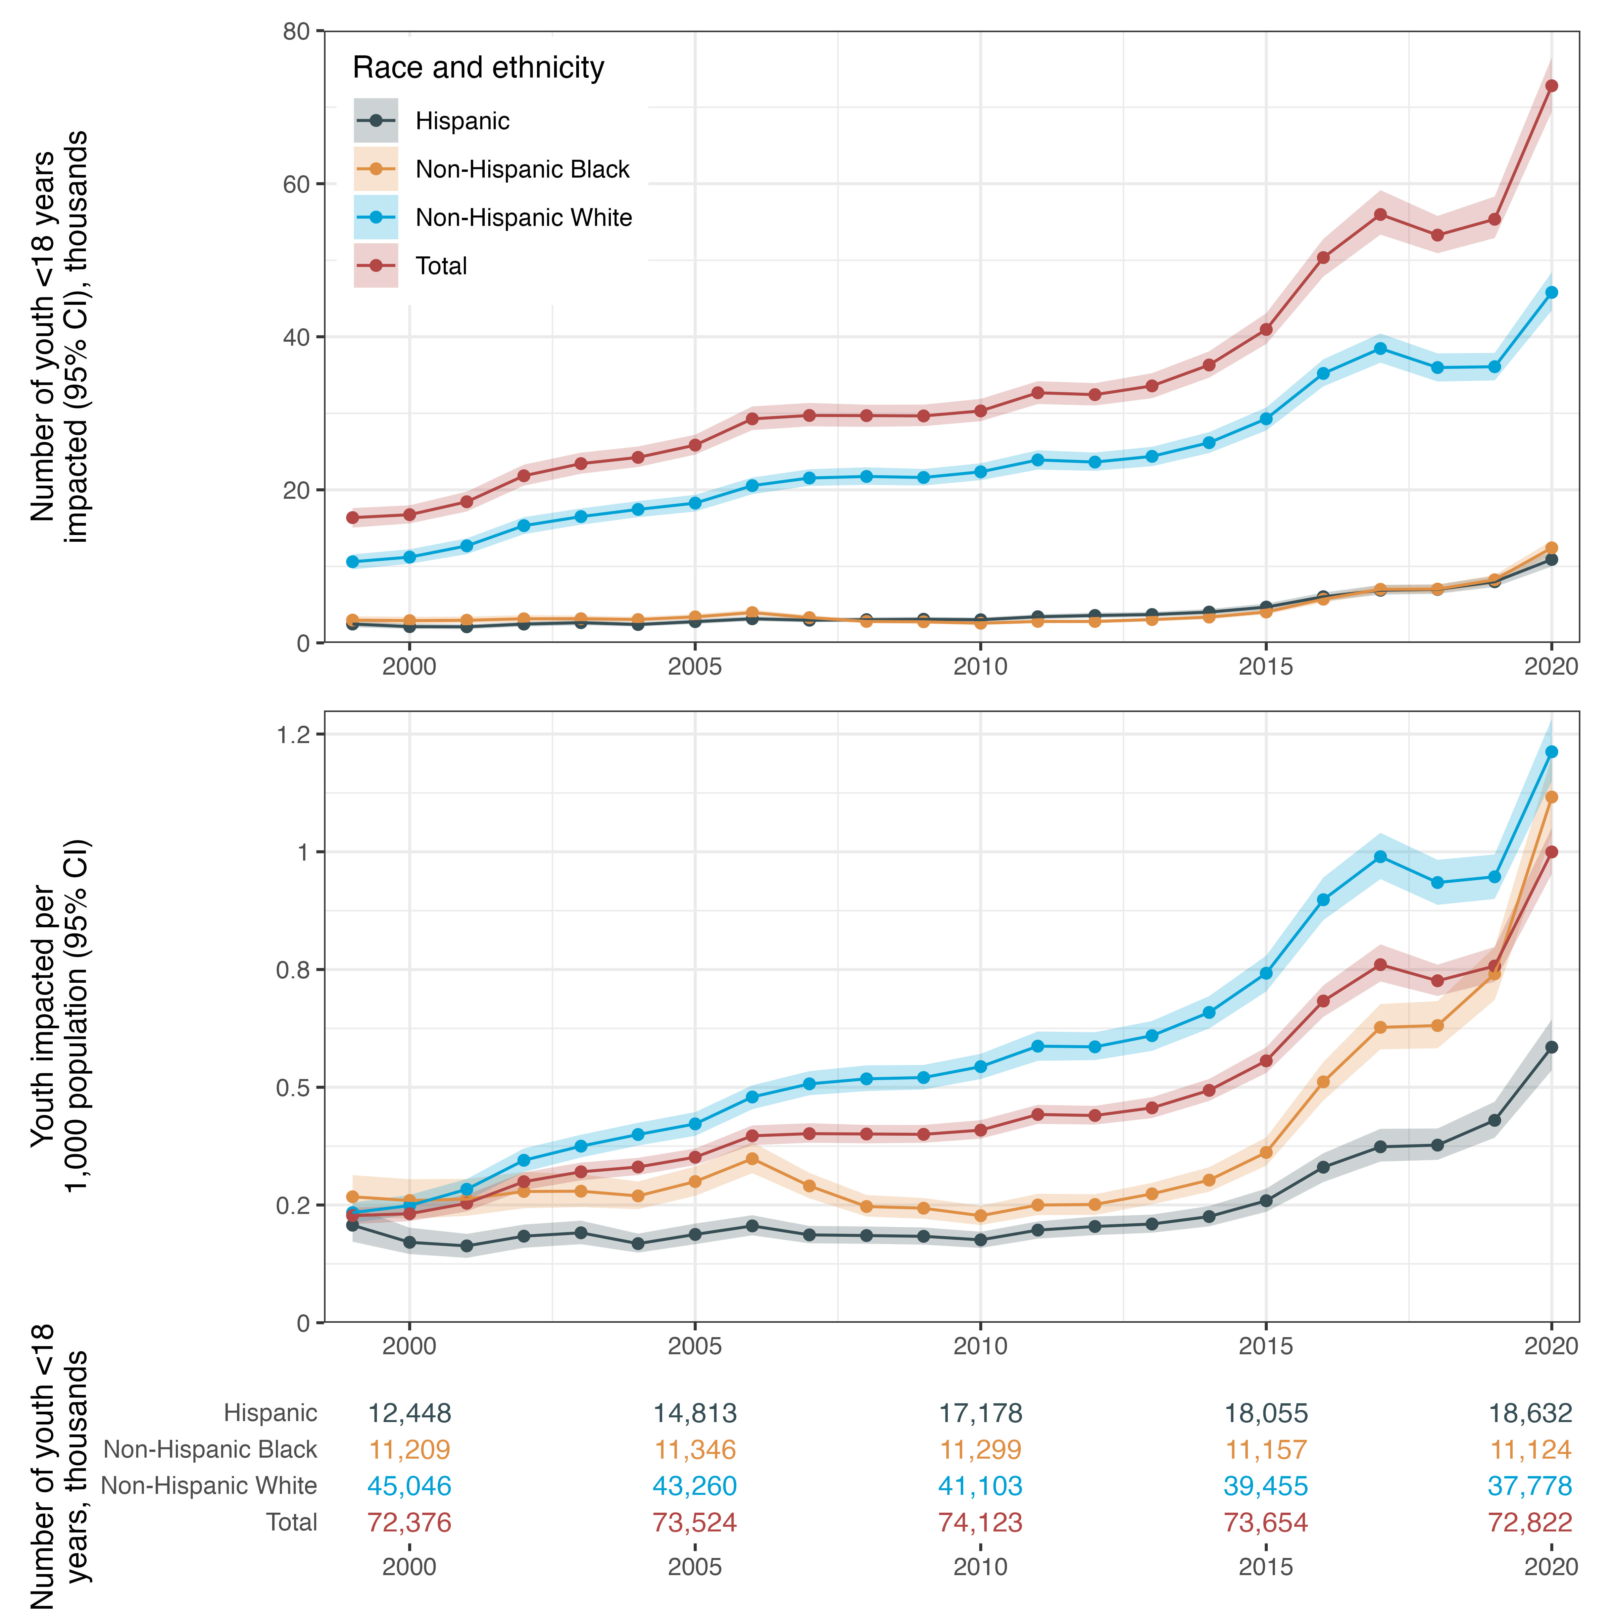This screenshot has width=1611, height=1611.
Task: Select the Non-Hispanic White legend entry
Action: coord(523,217)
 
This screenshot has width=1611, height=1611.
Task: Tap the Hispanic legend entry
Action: coord(462,121)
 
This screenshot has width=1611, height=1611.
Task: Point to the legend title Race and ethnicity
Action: coord(478,67)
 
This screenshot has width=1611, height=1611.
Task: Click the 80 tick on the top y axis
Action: coord(296,32)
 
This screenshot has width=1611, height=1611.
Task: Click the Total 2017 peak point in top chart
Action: coord(1380,214)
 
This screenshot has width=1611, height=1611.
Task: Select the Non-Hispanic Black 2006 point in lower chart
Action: coord(752,1159)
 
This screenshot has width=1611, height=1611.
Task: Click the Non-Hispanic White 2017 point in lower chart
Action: coord(1380,857)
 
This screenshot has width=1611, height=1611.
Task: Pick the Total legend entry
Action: coord(441,266)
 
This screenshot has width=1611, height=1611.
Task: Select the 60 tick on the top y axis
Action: coord(296,184)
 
